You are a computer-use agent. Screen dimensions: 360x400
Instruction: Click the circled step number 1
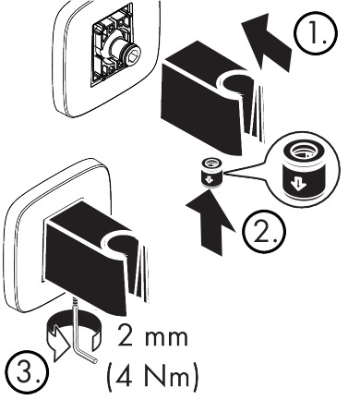point(316,33)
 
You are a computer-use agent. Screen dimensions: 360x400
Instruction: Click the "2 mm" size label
point(152,337)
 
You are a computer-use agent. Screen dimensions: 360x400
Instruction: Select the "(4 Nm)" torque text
point(152,376)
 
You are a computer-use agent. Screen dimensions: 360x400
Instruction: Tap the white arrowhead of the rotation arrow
point(59,347)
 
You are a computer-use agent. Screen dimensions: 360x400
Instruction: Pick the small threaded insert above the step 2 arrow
point(211,173)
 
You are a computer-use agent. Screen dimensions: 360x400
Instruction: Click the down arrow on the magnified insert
point(298,183)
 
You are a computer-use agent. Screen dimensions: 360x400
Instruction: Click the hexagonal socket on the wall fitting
point(133,56)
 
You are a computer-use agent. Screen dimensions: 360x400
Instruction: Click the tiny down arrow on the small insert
point(208,178)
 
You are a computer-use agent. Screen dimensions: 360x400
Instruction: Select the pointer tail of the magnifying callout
point(244,172)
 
